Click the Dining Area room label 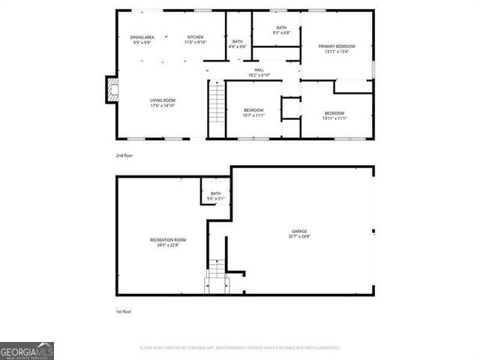coord(142,37)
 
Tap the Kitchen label coord(196,37)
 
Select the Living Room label coord(162,100)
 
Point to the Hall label coord(259,70)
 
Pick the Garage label coord(299,231)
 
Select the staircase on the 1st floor coord(216,273)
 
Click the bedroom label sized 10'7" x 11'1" coord(253,113)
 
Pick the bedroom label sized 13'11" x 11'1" coord(334,114)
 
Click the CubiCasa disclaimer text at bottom coord(240,348)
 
